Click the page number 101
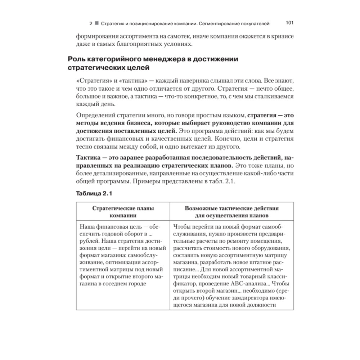[290, 23]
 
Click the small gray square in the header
[96, 24]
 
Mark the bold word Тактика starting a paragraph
[88, 158]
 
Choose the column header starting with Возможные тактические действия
[231, 211]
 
